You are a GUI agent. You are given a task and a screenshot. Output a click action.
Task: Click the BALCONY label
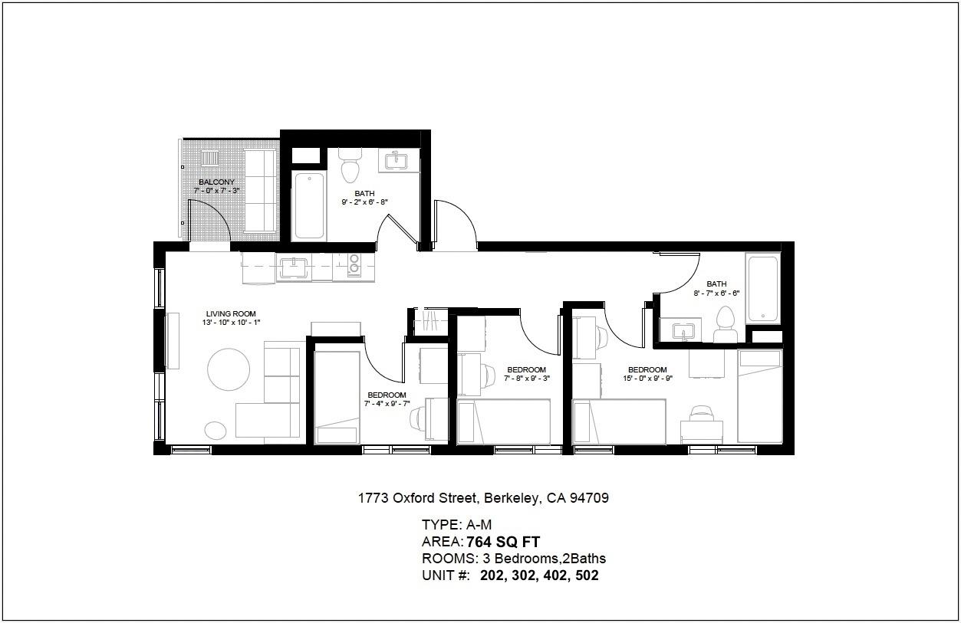(216, 182)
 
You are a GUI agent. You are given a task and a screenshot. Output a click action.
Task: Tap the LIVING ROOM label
(231, 314)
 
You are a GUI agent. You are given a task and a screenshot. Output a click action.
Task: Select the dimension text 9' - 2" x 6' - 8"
(364, 202)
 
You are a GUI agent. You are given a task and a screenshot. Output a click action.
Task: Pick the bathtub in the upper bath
(309, 206)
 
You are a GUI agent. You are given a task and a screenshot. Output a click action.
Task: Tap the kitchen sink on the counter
(294, 267)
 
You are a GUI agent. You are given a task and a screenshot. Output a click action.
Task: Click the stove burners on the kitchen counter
(354, 264)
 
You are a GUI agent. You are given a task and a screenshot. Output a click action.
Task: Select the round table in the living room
(229, 369)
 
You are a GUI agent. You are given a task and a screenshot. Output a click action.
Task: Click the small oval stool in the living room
(215, 431)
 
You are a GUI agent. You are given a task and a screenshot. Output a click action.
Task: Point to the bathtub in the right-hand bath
(763, 288)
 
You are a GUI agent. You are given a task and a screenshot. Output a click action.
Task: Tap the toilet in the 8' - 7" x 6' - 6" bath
(725, 324)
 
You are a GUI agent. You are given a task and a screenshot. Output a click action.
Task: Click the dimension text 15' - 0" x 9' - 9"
(647, 379)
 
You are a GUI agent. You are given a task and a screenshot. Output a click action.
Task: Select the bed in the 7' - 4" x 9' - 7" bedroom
(337, 398)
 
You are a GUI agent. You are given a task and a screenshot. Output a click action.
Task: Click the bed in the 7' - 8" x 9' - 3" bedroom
(504, 421)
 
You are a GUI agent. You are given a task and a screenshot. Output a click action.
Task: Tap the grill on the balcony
(210, 158)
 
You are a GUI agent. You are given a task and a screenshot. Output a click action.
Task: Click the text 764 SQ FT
(503, 543)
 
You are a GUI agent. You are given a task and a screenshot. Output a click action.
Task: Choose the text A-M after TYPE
(479, 525)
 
